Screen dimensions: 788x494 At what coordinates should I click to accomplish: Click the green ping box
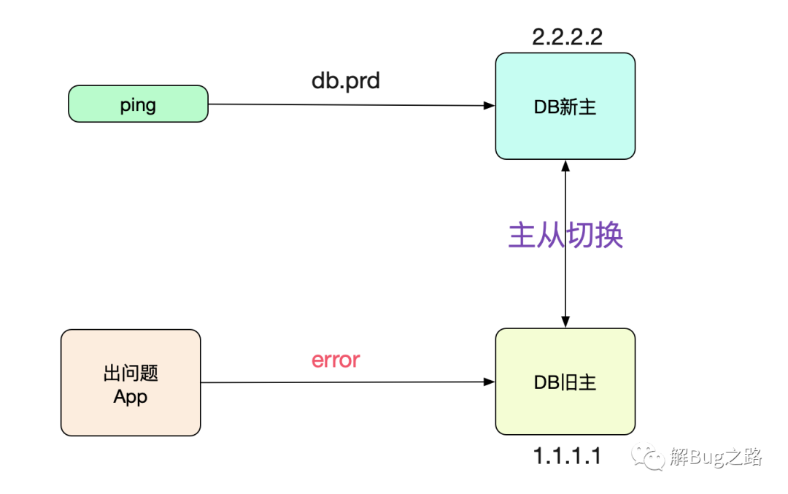(138, 104)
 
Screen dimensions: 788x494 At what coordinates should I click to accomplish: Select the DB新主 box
(565, 106)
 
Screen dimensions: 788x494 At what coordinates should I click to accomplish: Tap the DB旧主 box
(565, 382)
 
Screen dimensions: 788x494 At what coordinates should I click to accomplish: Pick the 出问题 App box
(131, 382)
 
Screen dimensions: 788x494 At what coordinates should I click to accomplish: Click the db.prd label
(346, 81)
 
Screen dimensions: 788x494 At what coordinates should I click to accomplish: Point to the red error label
(336, 360)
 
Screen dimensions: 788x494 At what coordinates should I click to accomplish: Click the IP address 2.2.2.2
(567, 36)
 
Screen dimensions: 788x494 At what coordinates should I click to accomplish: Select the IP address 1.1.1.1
(567, 456)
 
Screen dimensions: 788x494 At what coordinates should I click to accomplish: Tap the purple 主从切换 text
(565, 235)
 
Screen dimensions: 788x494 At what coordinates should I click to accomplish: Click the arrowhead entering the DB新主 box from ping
(490, 106)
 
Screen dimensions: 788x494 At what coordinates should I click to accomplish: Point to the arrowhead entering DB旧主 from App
(490, 382)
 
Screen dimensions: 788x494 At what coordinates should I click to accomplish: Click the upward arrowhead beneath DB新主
(565, 166)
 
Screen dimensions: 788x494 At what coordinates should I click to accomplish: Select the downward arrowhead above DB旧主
(565, 322)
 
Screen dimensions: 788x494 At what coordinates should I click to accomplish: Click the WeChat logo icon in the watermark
(649, 457)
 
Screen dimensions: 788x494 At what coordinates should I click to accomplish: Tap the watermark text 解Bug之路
(716, 457)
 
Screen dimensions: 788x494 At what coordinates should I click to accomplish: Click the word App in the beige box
(130, 396)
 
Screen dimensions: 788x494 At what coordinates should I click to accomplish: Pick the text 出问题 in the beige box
(131, 373)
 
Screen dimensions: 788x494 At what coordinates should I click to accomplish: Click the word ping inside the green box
(138, 105)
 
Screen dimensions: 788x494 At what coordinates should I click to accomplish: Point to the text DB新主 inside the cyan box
(565, 107)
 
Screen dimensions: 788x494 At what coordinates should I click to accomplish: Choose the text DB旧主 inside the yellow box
(565, 382)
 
